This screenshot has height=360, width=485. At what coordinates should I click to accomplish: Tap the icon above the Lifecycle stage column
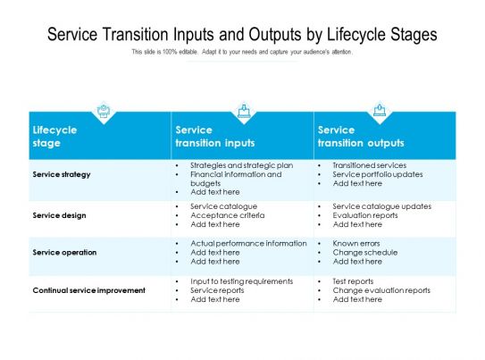point(104,111)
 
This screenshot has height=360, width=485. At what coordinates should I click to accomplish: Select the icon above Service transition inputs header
point(243,111)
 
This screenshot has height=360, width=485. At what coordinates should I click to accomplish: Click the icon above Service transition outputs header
point(380,111)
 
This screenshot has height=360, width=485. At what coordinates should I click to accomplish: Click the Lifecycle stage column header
point(54,136)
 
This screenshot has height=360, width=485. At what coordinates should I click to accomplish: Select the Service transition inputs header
point(215,136)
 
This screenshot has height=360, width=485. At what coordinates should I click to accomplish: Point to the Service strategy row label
point(61,174)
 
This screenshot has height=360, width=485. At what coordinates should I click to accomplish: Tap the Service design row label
point(58,215)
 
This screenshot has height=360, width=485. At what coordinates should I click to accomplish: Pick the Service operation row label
point(64,253)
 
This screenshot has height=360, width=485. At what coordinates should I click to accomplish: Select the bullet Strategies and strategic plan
point(241,165)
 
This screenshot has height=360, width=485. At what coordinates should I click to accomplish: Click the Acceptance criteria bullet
point(227,215)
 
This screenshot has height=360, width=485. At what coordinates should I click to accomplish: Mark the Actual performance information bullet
point(248,243)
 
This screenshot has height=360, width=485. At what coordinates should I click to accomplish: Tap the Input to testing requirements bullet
point(241,280)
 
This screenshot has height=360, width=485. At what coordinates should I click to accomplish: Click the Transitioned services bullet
point(369,165)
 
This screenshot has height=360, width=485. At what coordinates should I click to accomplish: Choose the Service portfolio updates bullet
point(378,174)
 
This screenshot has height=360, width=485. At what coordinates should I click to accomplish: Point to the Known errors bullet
point(357,243)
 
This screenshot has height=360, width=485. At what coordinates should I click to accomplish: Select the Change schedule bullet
point(364,253)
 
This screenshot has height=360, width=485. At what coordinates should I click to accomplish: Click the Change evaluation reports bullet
point(381,290)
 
